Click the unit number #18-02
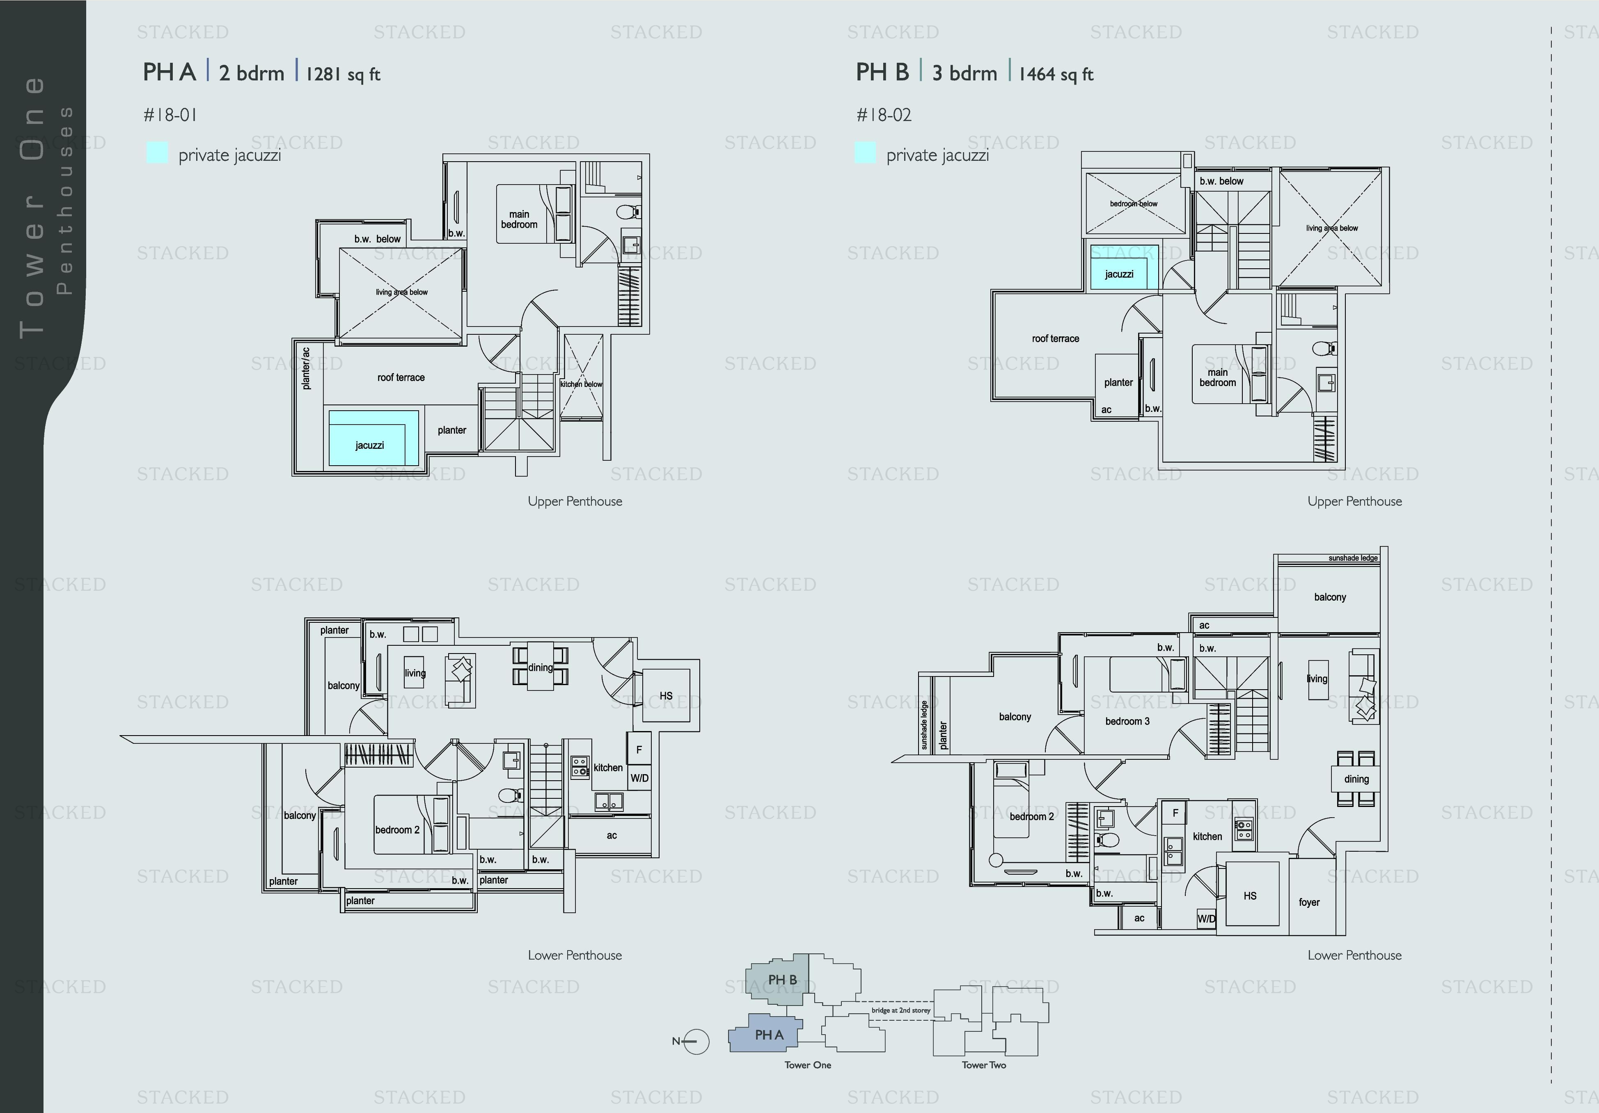pos(884,115)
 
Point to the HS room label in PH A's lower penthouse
pos(666,695)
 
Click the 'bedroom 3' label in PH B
pos(1127,721)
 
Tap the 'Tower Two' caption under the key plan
pos(983,1065)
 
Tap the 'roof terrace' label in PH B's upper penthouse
pos(1055,339)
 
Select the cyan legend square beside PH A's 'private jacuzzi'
pos(157,153)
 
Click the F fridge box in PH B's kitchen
pos(1175,813)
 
